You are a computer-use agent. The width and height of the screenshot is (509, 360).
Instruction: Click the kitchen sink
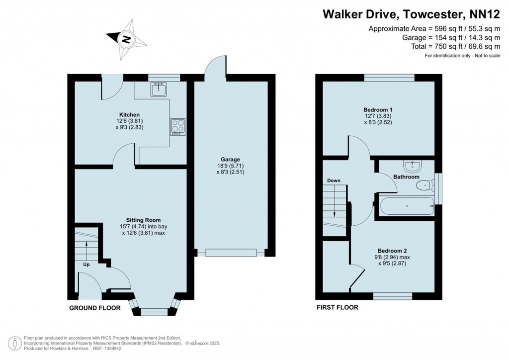tap(159, 90)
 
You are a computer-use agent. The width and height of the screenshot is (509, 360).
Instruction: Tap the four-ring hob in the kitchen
tap(177, 127)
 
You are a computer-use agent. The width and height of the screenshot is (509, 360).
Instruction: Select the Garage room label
tap(230, 160)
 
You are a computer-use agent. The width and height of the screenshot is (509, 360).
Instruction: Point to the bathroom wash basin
tap(412, 166)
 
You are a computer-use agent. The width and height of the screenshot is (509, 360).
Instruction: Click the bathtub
tap(407, 206)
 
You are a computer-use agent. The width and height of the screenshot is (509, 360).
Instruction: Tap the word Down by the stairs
tap(334, 180)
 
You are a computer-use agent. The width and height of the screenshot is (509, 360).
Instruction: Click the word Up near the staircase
tap(86, 265)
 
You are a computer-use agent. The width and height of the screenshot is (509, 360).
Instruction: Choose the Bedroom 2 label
tap(392, 251)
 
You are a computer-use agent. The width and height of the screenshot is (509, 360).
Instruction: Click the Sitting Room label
tap(143, 220)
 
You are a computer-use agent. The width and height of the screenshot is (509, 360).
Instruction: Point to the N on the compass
tap(126, 40)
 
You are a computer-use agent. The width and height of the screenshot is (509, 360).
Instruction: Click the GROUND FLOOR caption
tap(95, 308)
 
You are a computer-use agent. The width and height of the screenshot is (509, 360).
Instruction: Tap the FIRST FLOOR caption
tap(338, 307)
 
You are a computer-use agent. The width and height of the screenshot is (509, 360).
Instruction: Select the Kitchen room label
tap(130, 114)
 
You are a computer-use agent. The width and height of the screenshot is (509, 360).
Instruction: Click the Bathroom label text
tap(406, 177)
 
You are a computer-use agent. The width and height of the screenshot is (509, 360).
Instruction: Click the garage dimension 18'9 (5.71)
tap(230, 166)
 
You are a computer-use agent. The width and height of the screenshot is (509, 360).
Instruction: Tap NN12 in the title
tap(485, 14)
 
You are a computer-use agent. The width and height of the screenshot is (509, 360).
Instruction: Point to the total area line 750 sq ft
tap(455, 46)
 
